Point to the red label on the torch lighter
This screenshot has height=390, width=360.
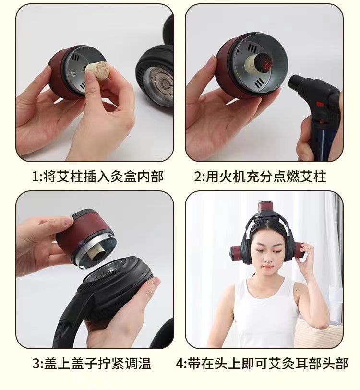320,104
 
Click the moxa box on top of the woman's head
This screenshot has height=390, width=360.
266,209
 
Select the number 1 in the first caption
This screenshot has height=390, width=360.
36,177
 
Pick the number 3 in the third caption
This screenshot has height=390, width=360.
36,364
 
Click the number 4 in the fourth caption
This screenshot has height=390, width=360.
180,364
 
